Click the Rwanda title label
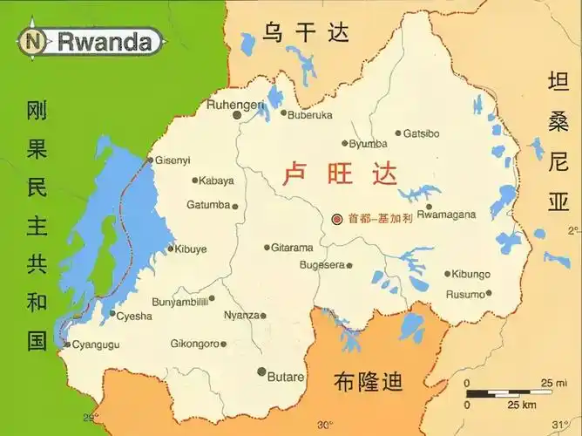tap(109, 40)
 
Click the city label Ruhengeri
tap(235, 105)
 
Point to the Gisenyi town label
tap(173, 160)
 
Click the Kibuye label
tap(191, 249)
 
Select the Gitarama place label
tap(292, 248)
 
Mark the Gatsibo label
tap(423, 133)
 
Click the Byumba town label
tap(369, 144)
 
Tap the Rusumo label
tap(465, 294)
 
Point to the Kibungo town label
tap(470, 274)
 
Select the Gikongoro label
tap(193, 344)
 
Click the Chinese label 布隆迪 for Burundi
tap(369, 381)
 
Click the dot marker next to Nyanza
tap(263, 316)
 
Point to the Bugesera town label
tap(322, 265)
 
